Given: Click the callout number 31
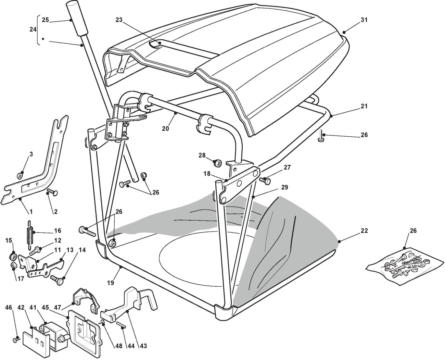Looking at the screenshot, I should (x=364, y=20).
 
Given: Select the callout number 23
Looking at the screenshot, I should (x=119, y=20).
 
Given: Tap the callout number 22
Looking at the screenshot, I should (x=364, y=231).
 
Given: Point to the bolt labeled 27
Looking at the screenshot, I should (x=265, y=179).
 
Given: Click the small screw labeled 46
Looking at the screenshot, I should (x=15, y=340).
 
